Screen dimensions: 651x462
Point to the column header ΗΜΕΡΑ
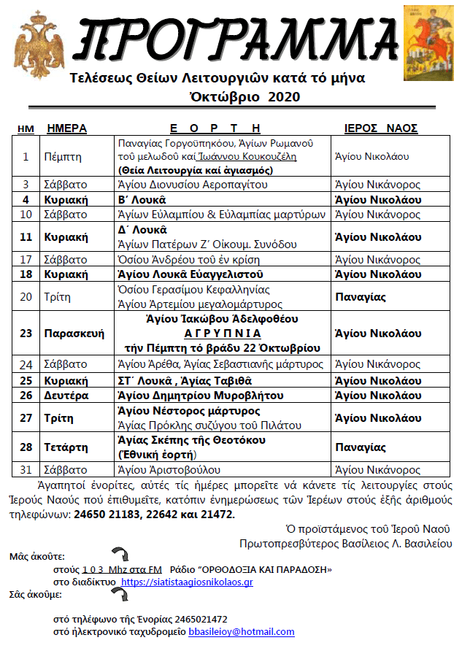point(66,128)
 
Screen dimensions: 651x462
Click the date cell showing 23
point(26,334)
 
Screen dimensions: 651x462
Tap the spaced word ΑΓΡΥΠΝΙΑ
point(223,334)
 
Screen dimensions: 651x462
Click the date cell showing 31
point(26,470)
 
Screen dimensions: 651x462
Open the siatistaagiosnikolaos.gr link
point(187,582)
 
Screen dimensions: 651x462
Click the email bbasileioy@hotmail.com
point(242,632)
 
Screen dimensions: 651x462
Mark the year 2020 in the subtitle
point(284,96)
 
